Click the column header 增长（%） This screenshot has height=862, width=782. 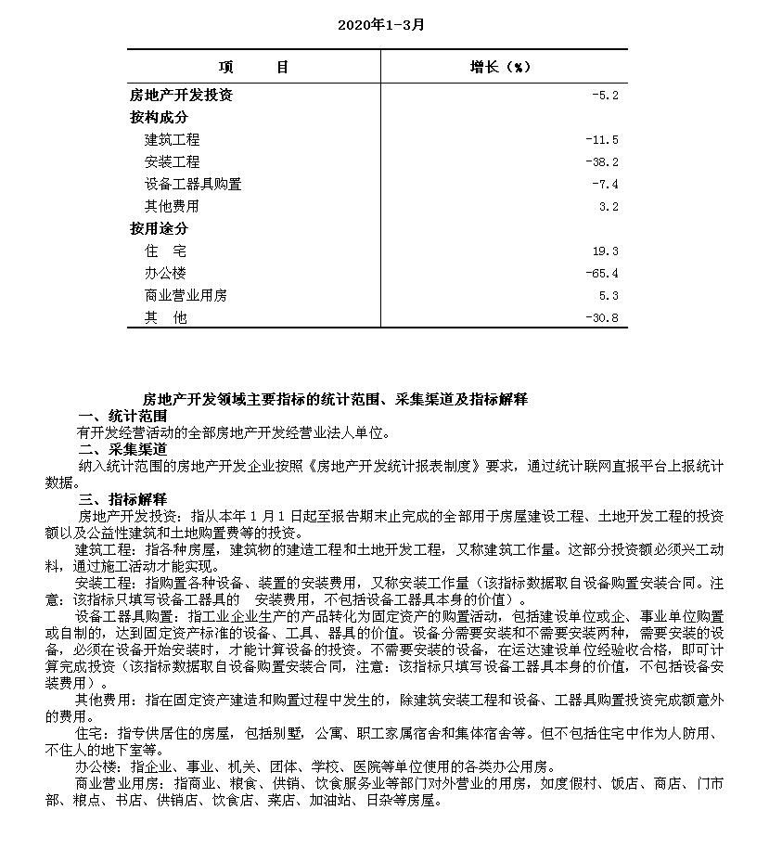pos(500,67)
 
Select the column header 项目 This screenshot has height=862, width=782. pos(254,67)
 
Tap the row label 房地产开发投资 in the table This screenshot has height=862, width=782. pos(181,95)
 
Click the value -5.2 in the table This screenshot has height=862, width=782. pos(605,96)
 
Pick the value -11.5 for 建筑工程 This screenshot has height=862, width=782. pos(601,140)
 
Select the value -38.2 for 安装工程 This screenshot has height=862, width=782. pos(601,162)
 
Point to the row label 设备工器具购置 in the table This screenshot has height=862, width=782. pos(193,184)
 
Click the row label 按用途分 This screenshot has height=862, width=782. pos(159,228)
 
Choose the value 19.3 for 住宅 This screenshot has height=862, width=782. pos(605,251)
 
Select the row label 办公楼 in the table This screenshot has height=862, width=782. pos(165,273)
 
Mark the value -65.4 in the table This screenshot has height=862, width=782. pos(601,274)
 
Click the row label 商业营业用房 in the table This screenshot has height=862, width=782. pos(186,295)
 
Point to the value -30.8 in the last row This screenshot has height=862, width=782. pos(601,318)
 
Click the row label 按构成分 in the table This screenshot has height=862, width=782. pos(159,118)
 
